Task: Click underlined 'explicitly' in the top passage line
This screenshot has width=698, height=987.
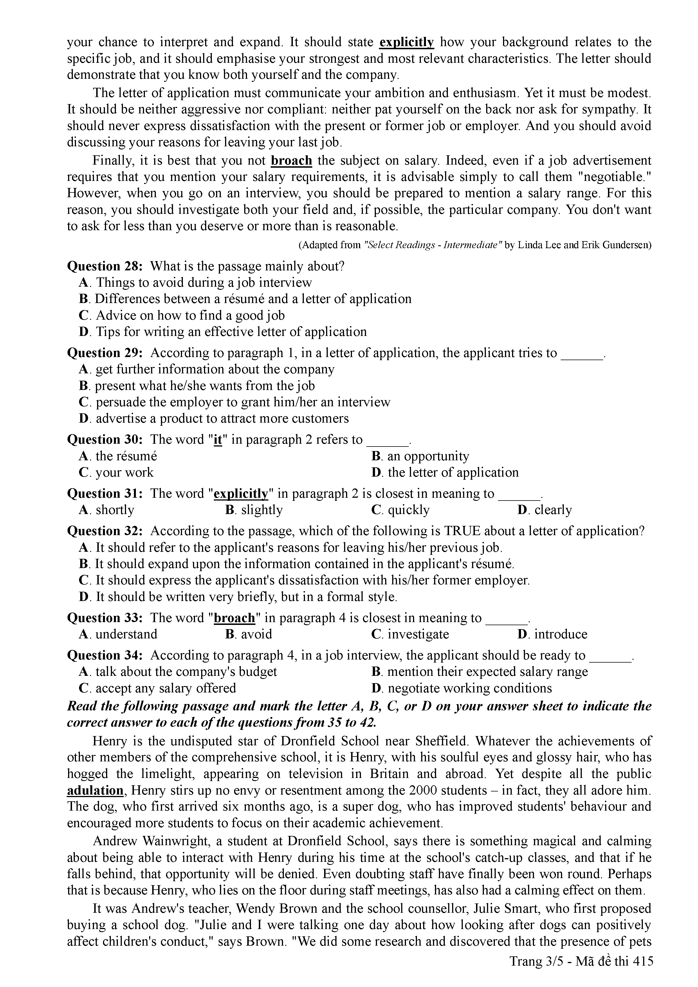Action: coord(407,42)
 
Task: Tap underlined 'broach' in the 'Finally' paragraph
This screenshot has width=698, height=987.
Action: coord(291,161)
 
